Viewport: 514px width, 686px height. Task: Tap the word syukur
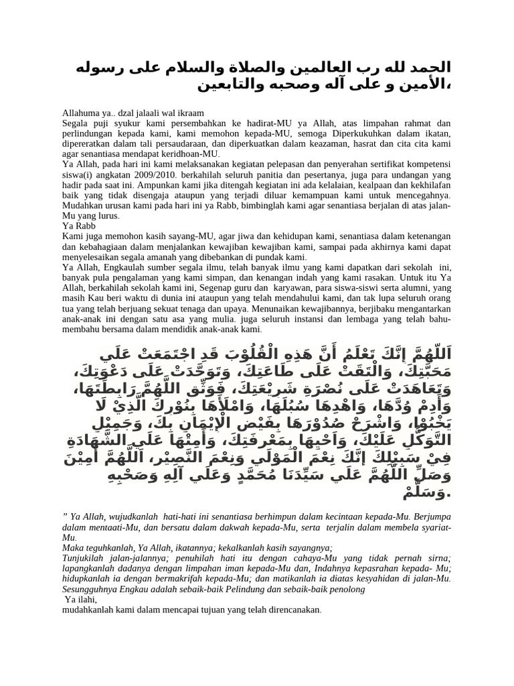(x=128, y=124)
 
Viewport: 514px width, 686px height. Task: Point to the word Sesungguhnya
(x=93, y=590)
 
